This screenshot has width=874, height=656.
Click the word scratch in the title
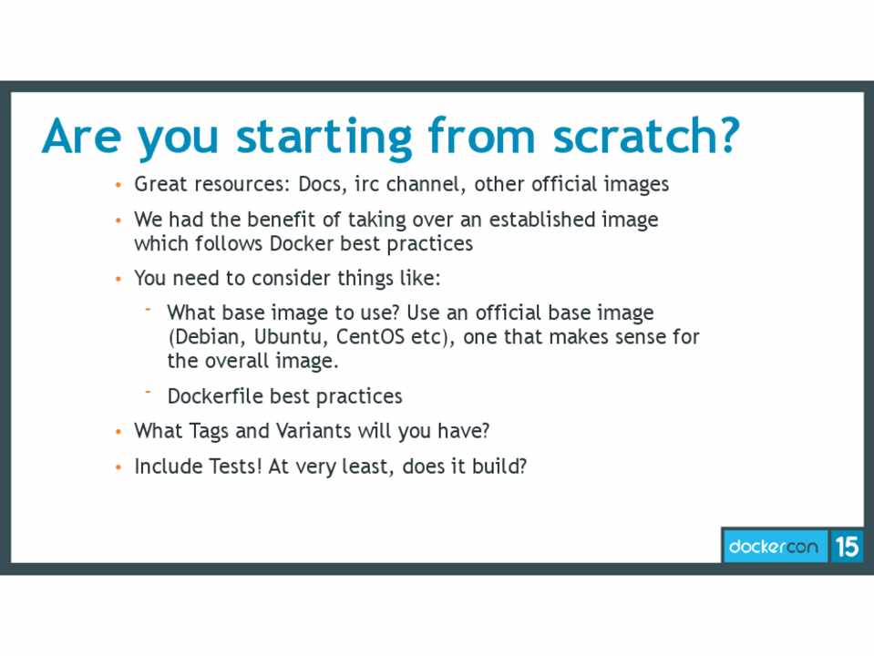tap(645, 136)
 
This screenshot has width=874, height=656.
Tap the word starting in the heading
tap(324, 138)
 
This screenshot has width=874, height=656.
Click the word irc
tap(366, 184)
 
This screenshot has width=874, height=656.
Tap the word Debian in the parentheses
tap(207, 336)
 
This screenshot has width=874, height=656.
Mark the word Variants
tap(314, 431)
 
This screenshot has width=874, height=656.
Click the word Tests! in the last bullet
tap(234, 466)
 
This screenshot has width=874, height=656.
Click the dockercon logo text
tap(774, 546)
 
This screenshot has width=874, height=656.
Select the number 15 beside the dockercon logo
tap(847, 546)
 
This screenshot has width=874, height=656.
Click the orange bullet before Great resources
tap(118, 185)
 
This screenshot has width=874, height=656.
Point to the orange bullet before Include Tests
tap(118, 467)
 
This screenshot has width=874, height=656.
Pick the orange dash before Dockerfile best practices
tap(149, 392)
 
